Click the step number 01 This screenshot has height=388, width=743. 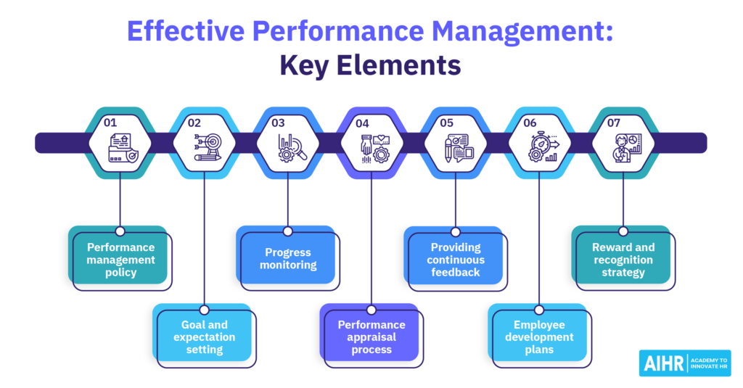click(x=110, y=123)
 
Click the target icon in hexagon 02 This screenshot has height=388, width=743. click(x=205, y=147)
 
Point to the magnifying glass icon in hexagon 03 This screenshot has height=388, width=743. click(x=289, y=147)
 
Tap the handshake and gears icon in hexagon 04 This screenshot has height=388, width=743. click(x=373, y=147)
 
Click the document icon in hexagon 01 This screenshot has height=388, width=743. click(x=120, y=147)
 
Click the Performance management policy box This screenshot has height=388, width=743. click(x=120, y=259)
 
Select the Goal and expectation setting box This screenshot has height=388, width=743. click(x=204, y=337)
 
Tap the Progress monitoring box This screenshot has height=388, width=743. click(x=287, y=259)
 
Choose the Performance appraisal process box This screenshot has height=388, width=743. click(x=371, y=337)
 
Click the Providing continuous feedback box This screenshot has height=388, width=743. click(x=455, y=259)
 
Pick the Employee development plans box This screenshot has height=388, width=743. click(x=539, y=337)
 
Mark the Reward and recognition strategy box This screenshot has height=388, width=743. click(x=623, y=259)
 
